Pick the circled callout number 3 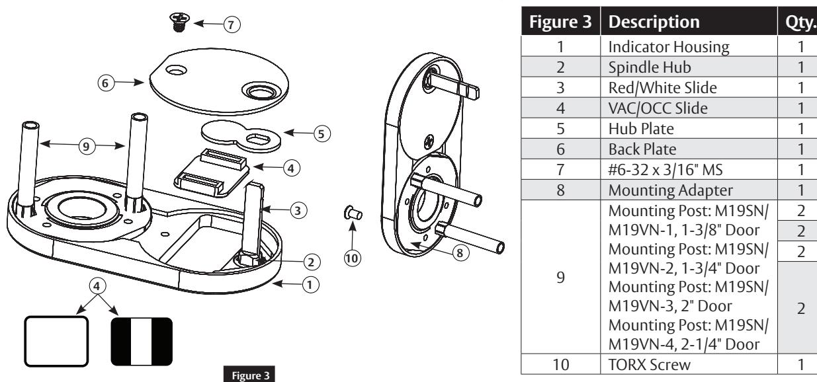click(x=298, y=210)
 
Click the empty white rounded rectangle click(x=57, y=342)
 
